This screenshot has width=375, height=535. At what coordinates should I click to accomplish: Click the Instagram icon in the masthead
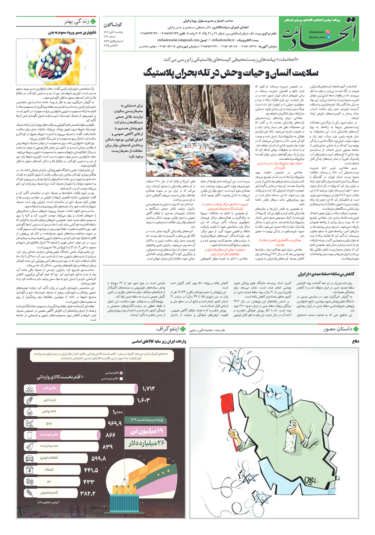pyautogui.click(x=328, y=32)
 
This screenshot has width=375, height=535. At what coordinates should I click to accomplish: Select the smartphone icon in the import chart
pyautogui.click(x=30, y=435)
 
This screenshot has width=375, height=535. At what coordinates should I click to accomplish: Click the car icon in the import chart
pyautogui.click(x=30, y=458)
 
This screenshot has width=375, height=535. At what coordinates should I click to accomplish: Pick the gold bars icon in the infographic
pyautogui.click(x=30, y=389)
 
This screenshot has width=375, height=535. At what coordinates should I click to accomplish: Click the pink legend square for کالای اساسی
pyautogui.click(x=121, y=373)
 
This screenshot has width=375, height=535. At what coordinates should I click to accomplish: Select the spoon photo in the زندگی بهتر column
pyautogui.click(x=56, y=61)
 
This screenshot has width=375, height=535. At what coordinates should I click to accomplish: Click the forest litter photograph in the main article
pyautogui.click(x=198, y=130)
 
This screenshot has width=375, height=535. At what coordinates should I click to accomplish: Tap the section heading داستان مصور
pyautogui.click(x=338, y=329)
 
